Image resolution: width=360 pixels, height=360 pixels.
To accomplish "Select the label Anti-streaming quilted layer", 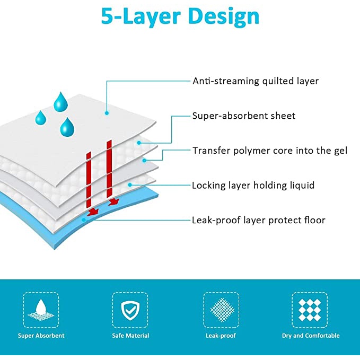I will [x=255, y=81].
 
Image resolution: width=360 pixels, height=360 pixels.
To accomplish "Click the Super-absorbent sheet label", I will [x=243, y=116].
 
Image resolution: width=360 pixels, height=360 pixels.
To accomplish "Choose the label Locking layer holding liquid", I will [x=253, y=185].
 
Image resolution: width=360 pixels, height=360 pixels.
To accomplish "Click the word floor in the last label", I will [x=314, y=220].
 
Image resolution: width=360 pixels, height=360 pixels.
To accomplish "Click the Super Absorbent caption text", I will [x=41, y=336].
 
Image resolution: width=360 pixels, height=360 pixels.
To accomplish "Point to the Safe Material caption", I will [x=130, y=336].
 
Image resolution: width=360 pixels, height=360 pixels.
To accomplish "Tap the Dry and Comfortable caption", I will [x=311, y=336].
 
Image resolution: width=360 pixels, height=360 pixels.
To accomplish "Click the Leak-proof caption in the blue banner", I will [x=221, y=336].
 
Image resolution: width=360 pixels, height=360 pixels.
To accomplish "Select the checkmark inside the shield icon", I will [x=130, y=310].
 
